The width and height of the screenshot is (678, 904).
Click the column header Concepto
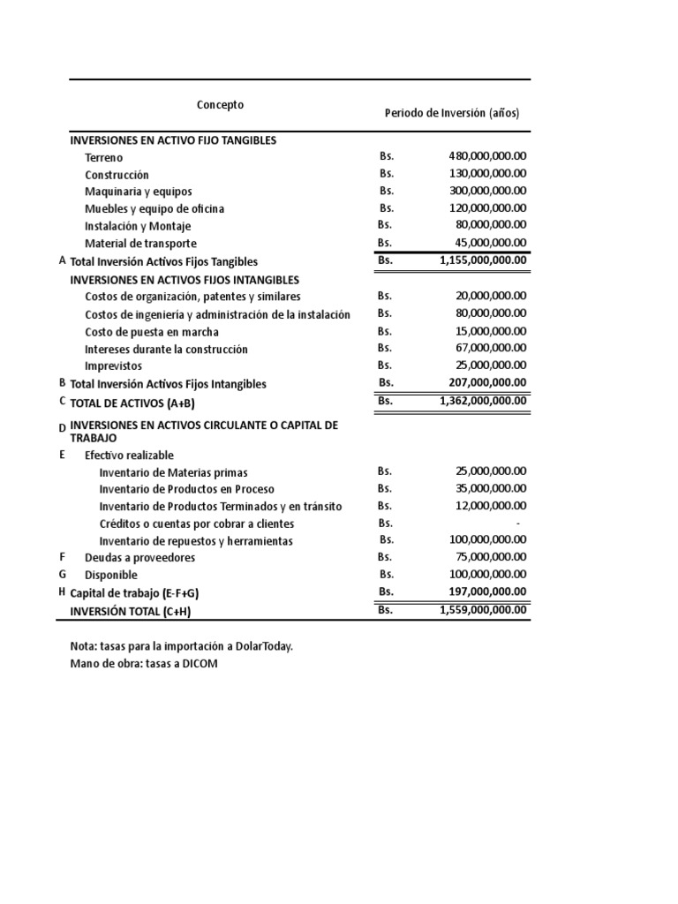(220, 105)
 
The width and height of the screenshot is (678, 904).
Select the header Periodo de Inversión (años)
(452, 113)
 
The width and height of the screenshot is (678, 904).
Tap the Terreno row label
(104, 158)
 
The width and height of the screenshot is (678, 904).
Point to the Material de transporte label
(140, 244)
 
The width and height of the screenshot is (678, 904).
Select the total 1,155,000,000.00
(482, 260)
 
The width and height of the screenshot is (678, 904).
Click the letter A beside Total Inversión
(62, 260)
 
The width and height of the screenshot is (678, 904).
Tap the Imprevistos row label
(113, 366)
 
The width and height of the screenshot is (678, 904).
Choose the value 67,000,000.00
(490, 349)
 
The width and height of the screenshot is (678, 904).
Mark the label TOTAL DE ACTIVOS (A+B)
(132, 403)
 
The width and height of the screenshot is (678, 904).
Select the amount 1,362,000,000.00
(482, 401)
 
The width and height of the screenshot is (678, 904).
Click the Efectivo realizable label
(129, 456)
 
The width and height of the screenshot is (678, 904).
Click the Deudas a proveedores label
(139, 558)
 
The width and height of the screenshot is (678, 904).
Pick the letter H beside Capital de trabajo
(62, 591)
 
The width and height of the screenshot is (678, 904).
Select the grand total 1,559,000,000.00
(482, 610)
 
